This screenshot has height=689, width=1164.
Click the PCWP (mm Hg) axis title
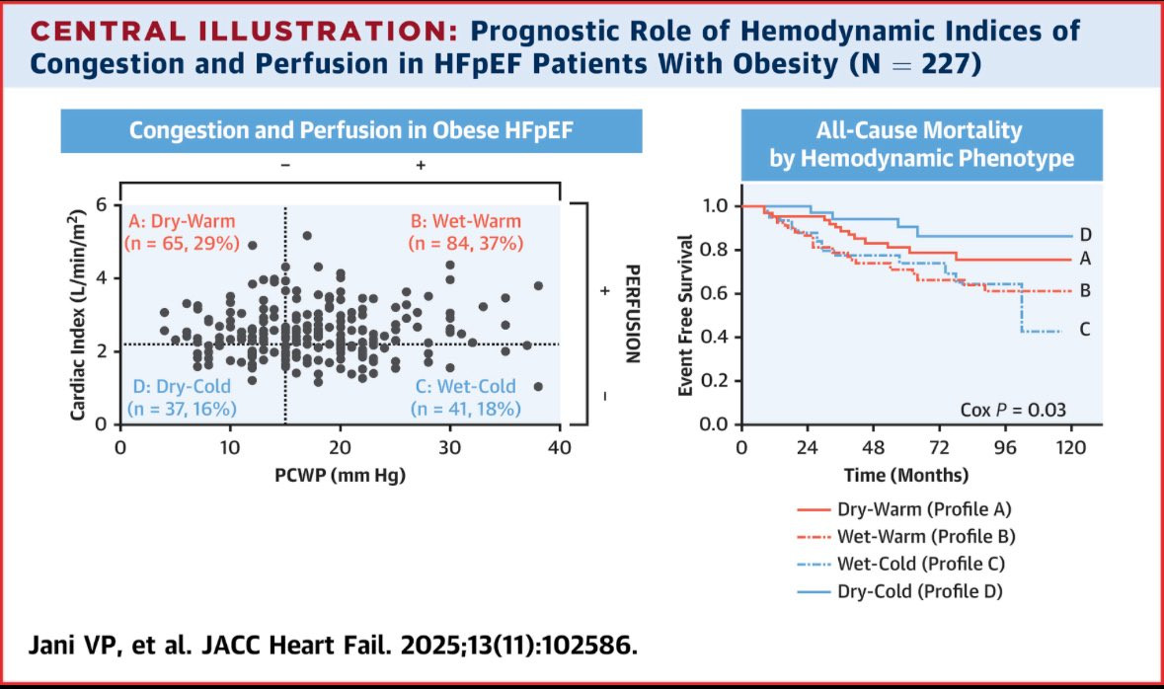340,474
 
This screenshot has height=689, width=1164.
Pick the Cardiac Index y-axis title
77,313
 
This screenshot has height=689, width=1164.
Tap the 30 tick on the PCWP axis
450,446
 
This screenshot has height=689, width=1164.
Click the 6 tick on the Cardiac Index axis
102,204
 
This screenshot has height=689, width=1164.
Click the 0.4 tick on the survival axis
715,337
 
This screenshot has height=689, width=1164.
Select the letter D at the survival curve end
1085,235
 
